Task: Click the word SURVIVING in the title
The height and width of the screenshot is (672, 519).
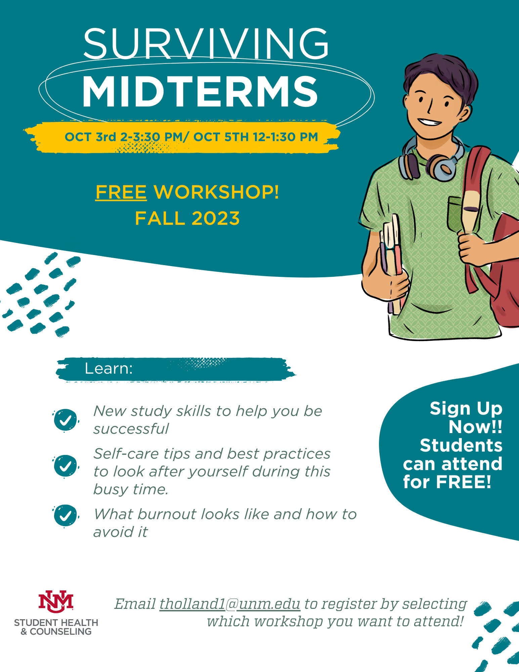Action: click(x=206, y=44)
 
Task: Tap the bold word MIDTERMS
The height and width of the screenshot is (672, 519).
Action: click(x=200, y=91)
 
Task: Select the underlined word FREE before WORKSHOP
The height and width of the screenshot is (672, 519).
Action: click(x=121, y=192)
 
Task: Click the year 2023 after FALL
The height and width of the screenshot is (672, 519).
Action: click(x=216, y=218)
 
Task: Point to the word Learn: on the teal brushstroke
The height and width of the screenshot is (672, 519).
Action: click(x=109, y=369)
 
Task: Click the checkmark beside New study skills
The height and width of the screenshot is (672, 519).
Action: click(x=66, y=420)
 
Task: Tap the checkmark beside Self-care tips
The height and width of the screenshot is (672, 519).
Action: click(x=66, y=466)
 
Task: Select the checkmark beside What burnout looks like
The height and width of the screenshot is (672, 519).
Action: click(x=66, y=515)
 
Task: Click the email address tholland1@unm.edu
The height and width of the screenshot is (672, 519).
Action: click(x=230, y=604)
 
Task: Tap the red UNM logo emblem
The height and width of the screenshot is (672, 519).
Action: click(x=56, y=601)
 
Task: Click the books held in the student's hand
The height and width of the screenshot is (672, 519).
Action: click(x=391, y=259)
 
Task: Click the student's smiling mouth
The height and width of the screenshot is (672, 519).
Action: click(x=430, y=122)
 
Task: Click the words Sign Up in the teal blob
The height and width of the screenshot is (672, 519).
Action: click(x=466, y=409)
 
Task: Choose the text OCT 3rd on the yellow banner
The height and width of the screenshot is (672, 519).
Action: click(x=90, y=137)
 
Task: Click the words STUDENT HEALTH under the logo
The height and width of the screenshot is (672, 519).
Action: click(x=56, y=623)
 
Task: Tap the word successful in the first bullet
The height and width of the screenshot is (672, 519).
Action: click(x=131, y=429)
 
